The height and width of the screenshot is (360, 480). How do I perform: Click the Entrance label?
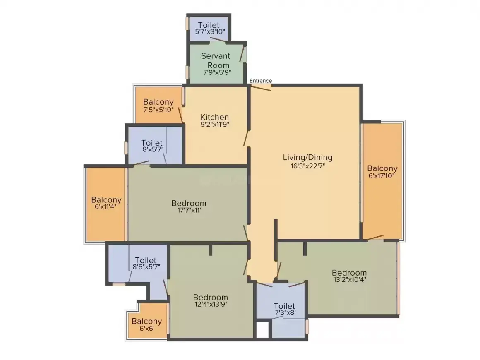(261, 81)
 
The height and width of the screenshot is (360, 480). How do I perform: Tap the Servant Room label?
(216, 60)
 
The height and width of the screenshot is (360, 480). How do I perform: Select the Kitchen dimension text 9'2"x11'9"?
(215, 124)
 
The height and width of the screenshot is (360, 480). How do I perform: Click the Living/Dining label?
(307, 158)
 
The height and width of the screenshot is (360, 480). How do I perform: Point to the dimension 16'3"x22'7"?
(307, 166)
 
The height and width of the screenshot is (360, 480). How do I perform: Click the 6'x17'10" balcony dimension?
(382, 176)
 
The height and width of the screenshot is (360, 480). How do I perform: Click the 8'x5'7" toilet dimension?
(153, 150)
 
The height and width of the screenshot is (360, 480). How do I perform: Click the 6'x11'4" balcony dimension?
(106, 206)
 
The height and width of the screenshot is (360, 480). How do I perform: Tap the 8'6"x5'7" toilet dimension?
(146, 267)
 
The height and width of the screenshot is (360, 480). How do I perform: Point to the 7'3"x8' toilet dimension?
(285, 313)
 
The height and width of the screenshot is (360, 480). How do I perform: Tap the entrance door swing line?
(261, 88)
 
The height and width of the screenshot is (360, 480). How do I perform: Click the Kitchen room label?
(215, 117)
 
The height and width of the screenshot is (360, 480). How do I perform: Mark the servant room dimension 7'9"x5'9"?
(217, 72)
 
